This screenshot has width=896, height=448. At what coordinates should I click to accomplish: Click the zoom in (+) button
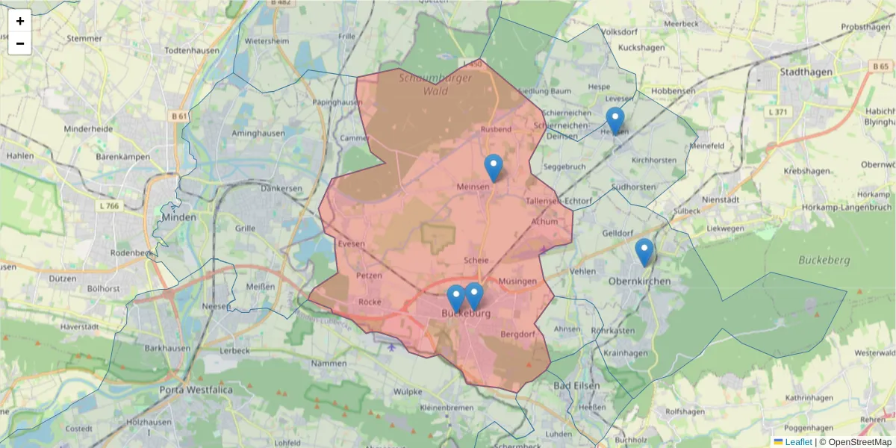[20, 21]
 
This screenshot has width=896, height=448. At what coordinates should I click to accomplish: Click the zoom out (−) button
[20, 43]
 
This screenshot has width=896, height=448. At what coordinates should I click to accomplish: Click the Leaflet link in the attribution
[798, 442]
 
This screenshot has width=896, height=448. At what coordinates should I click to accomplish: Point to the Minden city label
[178, 217]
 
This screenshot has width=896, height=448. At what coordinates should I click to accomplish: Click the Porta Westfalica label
[196, 390]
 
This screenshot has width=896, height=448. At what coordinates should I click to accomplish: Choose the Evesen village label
[351, 243]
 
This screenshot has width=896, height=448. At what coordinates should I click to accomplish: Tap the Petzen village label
[369, 275]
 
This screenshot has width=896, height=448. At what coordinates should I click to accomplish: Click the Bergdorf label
[519, 334]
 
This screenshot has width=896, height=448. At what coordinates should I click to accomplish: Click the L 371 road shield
[777, 111]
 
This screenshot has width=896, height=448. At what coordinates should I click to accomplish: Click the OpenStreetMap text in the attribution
[859, 442]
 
